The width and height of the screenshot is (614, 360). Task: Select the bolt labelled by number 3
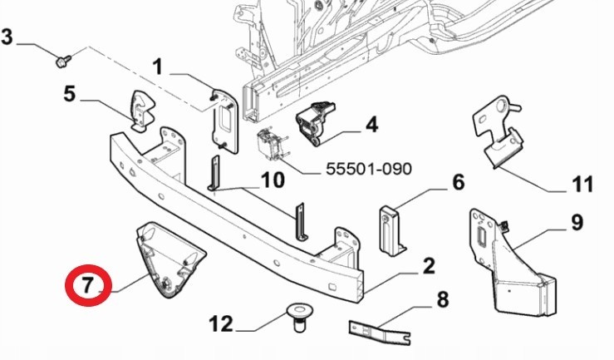pos(61,61)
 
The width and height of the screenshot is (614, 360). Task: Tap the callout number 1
pos(158,65)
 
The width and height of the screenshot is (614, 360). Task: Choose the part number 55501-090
pos(368,170)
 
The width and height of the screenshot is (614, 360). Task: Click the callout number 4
pos(371,125)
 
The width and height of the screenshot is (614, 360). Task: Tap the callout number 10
pos(272,179)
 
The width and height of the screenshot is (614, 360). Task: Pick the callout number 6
pos(458,182)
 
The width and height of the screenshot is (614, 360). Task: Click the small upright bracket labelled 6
pos(391,226)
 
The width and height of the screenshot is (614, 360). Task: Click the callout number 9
pos(576,223)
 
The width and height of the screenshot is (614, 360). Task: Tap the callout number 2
pos(429,266)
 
